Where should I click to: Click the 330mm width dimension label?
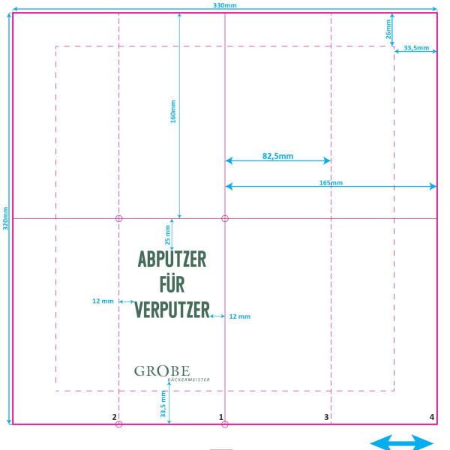225,5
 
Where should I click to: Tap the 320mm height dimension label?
5,218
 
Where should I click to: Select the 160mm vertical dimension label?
173,112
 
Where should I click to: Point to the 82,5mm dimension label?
277,156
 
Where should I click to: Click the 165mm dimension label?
331,183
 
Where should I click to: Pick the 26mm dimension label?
388,29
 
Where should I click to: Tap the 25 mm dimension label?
168,235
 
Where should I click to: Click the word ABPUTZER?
172,259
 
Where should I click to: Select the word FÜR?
172,283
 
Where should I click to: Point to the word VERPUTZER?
172,310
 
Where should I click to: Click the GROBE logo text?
162,370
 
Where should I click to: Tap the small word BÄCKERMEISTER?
188,379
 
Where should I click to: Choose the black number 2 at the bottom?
114,417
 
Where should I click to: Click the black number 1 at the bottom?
221,417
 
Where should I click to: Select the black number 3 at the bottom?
326,417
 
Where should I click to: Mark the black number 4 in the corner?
432,417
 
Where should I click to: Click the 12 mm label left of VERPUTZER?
103,301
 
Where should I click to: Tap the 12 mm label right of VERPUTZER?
240,316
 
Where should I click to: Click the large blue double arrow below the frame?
402,442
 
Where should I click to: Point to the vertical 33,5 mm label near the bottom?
163,403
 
